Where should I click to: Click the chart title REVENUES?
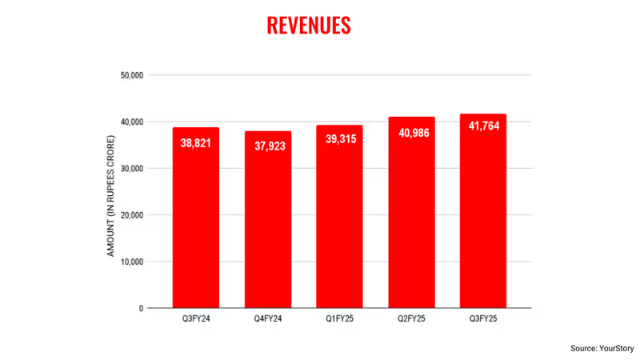[x=308, y=25]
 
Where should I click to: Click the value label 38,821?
[x=196, y=144]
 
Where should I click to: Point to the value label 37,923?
[x=268, y=147]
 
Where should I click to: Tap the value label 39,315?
[x=339, y=139]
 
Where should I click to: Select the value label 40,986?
[x=411, y=133]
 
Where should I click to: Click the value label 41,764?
[x=483, y=129]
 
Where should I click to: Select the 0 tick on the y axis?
[x=140, y=308]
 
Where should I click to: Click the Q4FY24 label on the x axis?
[x=268, y=320]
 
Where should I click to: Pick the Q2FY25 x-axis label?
[x=411, y=320]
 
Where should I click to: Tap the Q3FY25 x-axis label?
[x=483, y=320]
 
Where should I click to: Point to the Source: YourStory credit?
[x=601, y=348]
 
